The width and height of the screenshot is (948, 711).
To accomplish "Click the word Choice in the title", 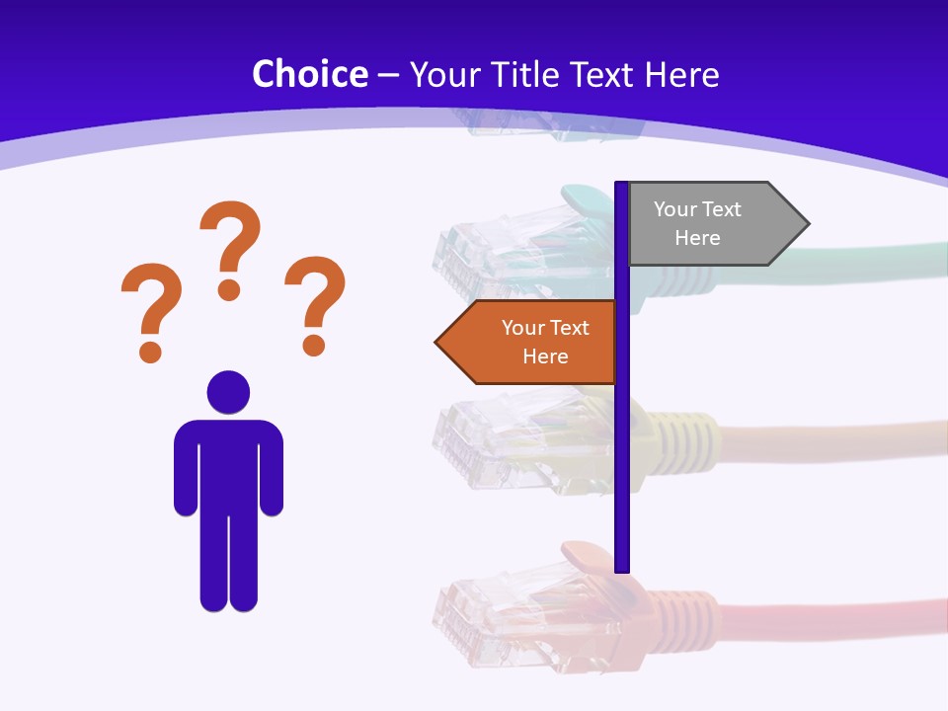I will [310, 74].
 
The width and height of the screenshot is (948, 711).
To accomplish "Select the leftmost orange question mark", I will [150, 309].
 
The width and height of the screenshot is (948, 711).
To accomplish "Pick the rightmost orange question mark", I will [315, 303].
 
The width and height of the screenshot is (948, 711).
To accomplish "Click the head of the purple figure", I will [228, 392].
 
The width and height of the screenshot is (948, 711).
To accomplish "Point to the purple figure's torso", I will [228, 464].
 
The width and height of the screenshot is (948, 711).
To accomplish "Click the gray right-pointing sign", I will [706, 224].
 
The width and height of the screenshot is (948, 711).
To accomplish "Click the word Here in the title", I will [682, 74].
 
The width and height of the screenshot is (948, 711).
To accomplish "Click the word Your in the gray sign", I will [675, 209].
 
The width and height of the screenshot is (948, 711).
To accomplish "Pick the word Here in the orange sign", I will [545, 356].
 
